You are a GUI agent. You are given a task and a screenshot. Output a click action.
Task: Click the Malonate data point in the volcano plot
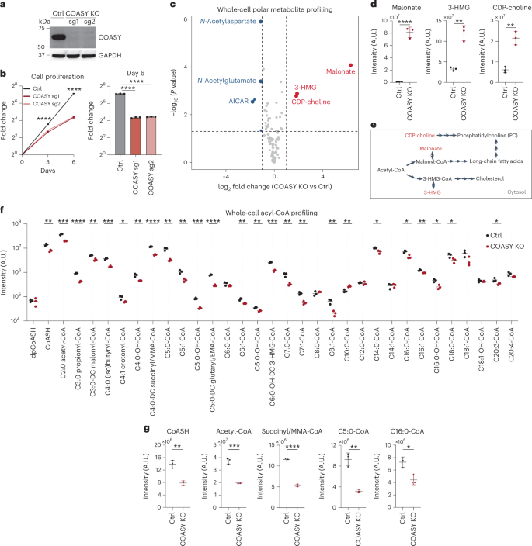[x=351, y=65]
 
